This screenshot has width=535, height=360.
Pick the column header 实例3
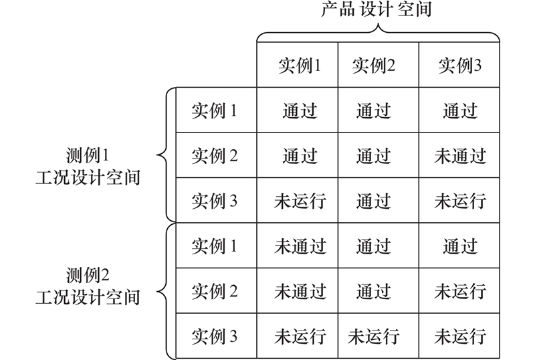(x=459, y=66)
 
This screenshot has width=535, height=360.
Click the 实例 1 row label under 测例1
(x=214, y=110)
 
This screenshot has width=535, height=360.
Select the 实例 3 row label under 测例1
(x=214, y=201)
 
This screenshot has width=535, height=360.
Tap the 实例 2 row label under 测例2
(x=214, y=291)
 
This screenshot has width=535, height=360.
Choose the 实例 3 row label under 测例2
(x=214, y=336)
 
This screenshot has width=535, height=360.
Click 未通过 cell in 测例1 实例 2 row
(x=459, y=156)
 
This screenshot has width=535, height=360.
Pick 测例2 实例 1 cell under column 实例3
(x=459, y=246)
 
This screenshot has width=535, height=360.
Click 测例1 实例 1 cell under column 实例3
(x=459, y=110)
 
